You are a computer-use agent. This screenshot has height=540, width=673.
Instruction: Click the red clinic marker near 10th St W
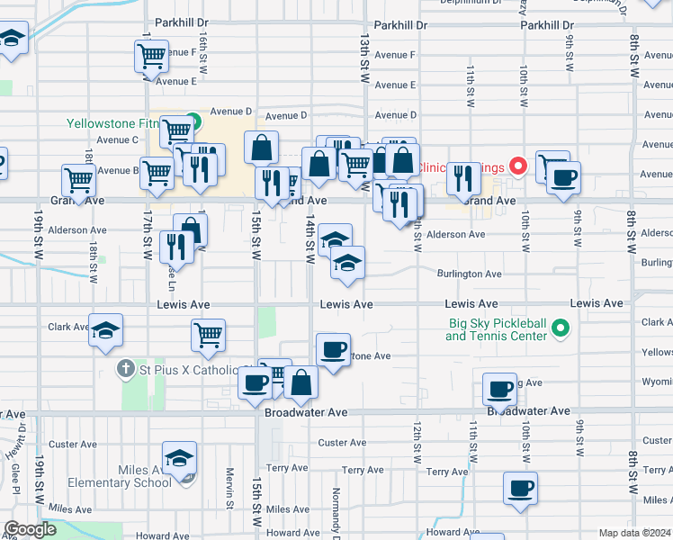click(517, 166)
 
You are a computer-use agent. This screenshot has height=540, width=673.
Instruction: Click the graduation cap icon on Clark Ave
click(106, 332)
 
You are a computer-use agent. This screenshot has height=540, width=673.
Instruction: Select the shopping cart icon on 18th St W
click(79, 180)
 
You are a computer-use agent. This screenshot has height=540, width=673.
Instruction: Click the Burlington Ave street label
click(469, 274)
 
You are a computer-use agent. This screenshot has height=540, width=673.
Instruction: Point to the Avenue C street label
click(117, 139)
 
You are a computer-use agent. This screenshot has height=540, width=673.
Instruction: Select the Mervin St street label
click(230, 487)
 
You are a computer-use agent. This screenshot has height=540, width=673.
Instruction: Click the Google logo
click(31, 529)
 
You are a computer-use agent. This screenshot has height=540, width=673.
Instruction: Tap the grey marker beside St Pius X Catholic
click(129, 369)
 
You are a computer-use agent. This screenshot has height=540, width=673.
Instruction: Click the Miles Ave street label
click(70, 509)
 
